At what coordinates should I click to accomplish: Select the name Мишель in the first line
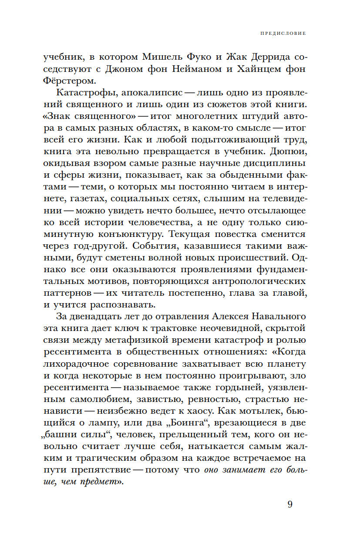(x=160, y=57)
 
